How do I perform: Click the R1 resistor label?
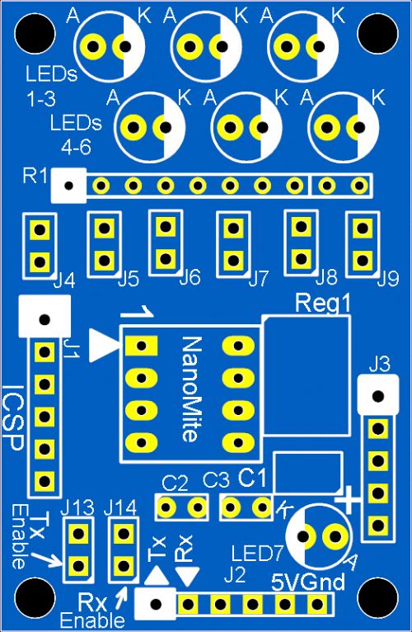pos(35,176)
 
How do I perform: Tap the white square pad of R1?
pos(69,186)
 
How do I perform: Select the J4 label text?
pos(64,281)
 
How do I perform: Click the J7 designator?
pos(258,279)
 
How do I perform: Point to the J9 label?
pos(389,279)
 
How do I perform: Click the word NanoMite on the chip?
pos(191,389)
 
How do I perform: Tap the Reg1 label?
pos(323,303)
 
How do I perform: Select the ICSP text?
pos(13,418)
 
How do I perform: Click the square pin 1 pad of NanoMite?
pos(141,346)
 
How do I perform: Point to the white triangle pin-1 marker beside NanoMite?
pos(103,346)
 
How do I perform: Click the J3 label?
pos(380,366)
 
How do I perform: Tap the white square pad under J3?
pos(378,396)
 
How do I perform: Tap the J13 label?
pos(77,509)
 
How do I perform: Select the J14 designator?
pos(120,509)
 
